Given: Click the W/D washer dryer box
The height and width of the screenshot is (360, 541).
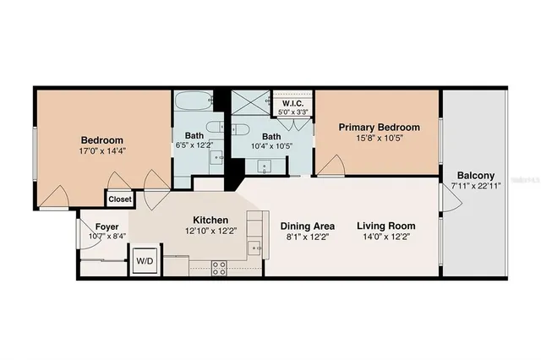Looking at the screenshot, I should [145, 261].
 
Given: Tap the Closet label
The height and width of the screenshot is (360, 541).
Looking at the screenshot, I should [117, 200].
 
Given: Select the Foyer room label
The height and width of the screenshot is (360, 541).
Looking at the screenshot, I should [106, 226].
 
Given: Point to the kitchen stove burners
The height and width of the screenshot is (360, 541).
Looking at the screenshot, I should [219, 268].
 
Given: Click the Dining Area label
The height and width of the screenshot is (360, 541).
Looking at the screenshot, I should [308, 226].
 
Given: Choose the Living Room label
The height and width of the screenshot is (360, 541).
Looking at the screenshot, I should [385, 226].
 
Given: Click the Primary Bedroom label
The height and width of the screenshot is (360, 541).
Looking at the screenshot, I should [374, 127].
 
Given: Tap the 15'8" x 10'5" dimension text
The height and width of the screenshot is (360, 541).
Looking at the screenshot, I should [374, 139].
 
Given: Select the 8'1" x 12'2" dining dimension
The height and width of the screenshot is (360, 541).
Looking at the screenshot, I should [308, 238].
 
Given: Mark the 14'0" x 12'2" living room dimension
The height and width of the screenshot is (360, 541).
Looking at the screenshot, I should [385, 238].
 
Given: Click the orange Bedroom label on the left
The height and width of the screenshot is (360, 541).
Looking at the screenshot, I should [102, 140].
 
